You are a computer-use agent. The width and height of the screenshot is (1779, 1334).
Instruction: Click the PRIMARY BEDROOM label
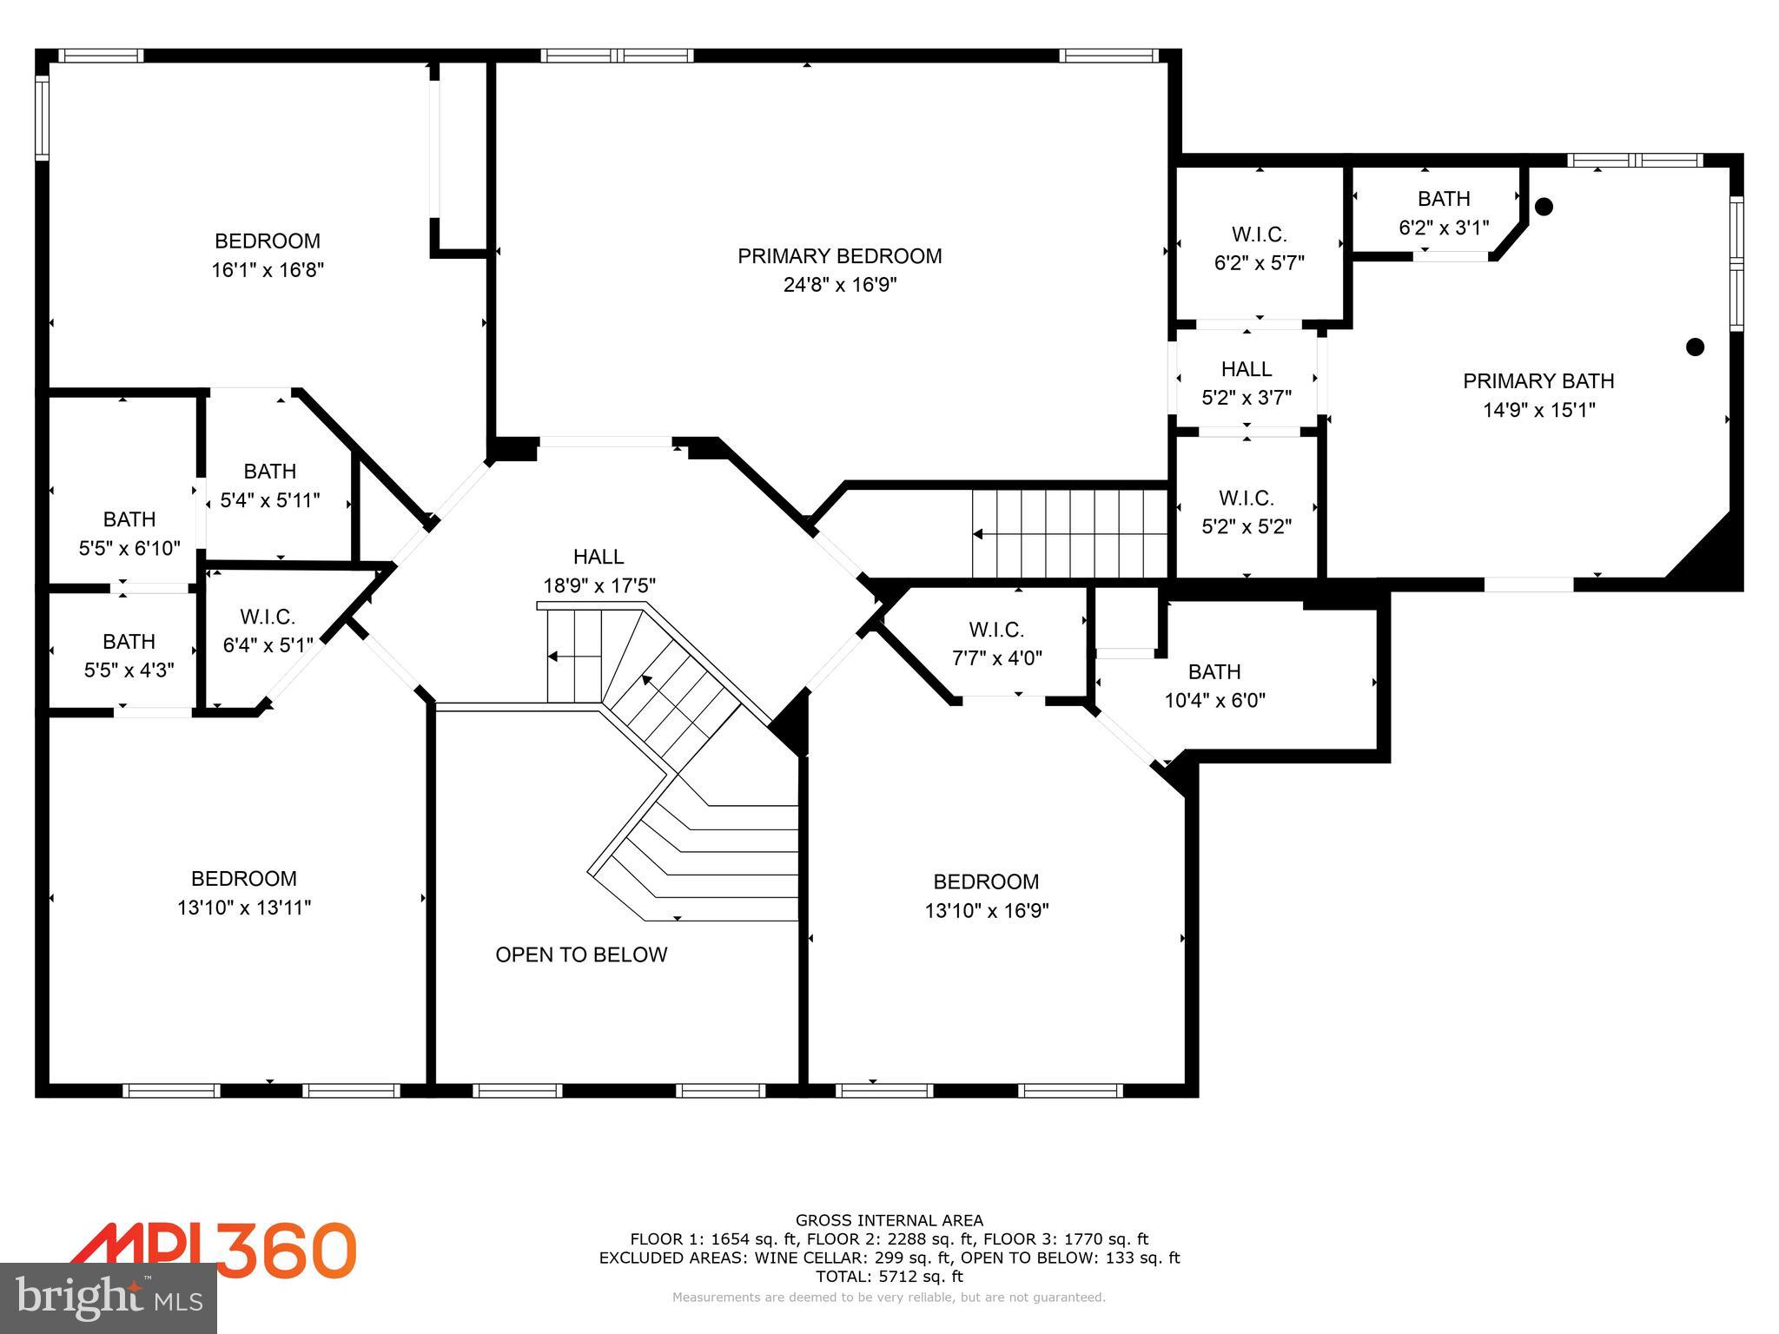839,256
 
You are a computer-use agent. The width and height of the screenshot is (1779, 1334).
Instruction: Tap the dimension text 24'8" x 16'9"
839,285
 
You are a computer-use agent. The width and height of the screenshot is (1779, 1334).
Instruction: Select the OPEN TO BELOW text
581,954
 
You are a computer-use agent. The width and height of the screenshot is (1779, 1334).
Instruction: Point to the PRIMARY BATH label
1538,380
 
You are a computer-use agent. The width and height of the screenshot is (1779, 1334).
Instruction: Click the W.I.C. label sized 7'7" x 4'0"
996,629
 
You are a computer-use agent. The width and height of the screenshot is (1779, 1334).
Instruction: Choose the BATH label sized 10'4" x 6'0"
1214,671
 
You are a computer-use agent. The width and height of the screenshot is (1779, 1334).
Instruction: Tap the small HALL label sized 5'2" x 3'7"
1246,369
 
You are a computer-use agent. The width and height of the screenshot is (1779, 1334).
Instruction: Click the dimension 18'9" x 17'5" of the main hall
599,585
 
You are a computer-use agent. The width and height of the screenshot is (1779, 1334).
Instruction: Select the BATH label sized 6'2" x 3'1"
1443,199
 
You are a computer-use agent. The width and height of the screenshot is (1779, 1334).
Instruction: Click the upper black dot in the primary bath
1544,207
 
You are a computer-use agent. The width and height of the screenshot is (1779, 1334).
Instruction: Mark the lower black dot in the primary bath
1694,347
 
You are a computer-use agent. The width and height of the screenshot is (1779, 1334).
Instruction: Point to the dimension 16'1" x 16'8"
268,270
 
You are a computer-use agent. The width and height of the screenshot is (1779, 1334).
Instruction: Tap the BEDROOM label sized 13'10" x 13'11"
243,878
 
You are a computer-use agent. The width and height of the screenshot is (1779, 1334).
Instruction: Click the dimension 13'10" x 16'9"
986,910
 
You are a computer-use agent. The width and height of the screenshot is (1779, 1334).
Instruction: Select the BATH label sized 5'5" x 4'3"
129,641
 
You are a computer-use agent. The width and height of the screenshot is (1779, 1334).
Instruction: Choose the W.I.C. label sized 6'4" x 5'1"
268,617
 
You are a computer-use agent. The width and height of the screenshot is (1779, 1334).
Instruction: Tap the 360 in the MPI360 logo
287,1251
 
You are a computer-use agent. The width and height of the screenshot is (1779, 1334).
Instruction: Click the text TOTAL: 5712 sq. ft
889,1277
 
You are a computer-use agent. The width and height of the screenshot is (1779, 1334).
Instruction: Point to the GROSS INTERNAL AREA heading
889,1220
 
